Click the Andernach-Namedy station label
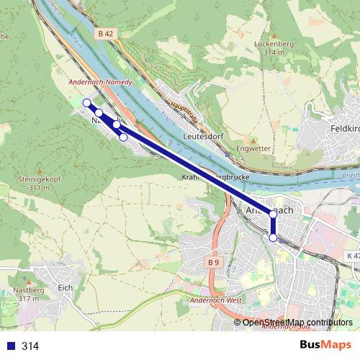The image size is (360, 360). [x=100, y=83]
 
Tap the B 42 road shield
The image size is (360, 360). [x=105, y=33]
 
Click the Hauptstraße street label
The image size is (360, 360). [x=184, y=112]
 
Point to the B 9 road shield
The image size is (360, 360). [x=213, y=263]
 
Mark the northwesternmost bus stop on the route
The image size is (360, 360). [x=87, y=103]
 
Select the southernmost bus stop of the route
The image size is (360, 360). [x=273, y=238]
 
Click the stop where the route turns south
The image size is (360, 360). [x=273, y=214]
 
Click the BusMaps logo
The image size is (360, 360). [x=325, y=345]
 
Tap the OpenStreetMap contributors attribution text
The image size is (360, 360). [x=297, y=322]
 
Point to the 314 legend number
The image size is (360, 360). [x=30, y=346]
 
